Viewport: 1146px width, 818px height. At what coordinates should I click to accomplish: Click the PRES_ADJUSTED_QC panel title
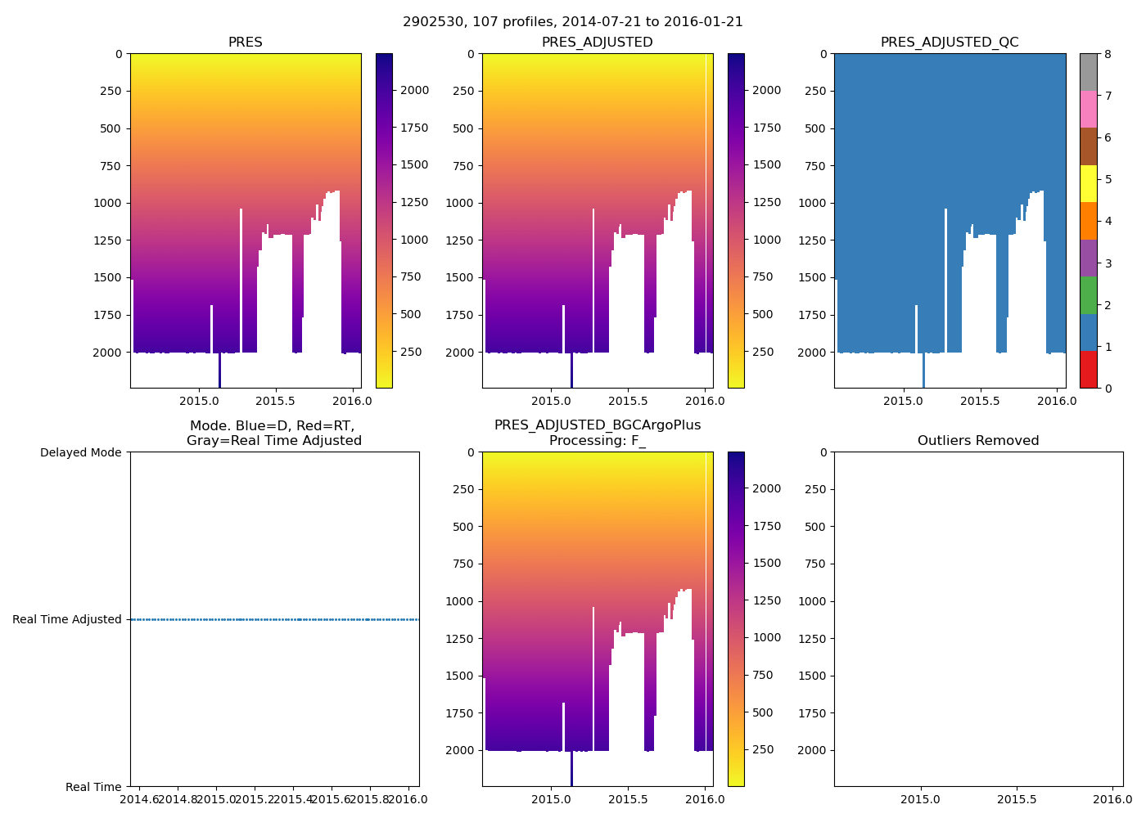[950, 43]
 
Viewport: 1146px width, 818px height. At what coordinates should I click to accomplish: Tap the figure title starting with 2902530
[573, 22]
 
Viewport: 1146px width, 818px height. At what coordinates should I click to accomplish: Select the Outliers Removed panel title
[978, 441]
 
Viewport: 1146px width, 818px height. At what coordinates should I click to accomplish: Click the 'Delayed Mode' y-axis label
[80, 452]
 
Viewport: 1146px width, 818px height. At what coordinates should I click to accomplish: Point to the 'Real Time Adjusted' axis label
[67, 619]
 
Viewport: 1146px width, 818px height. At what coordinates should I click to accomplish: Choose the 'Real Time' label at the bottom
[93, 787]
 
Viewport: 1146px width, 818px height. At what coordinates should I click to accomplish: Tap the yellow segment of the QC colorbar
[1088, 184]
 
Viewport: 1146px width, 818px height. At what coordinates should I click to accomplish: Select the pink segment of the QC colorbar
[1088, 110]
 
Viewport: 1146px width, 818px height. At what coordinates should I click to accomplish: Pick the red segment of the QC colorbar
[1088, 370]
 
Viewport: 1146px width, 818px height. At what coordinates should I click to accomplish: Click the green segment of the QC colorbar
[1088, 295]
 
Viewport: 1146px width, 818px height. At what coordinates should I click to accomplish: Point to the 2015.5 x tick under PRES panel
[275, 401]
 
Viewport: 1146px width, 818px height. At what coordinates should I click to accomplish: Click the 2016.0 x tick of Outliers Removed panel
[1113, 799]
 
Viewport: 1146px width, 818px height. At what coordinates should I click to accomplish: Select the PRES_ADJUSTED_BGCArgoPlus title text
[598, 425]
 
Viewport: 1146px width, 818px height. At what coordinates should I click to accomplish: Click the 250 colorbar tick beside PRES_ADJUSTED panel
[763, 352]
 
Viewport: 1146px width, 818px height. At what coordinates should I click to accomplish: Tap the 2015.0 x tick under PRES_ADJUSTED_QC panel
[904, 401]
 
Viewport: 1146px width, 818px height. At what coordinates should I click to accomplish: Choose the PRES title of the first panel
[246, 43]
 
